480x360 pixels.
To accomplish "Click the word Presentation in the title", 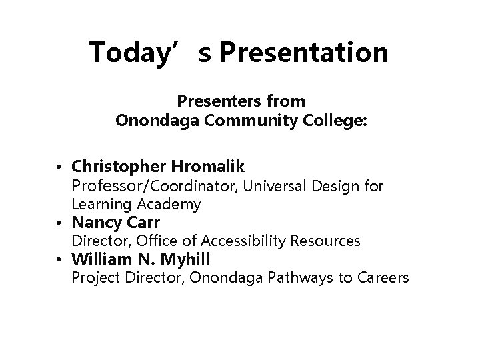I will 303,53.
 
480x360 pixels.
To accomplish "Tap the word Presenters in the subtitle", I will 213,102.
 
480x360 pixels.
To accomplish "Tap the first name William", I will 100,259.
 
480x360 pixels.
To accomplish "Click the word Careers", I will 381,277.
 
